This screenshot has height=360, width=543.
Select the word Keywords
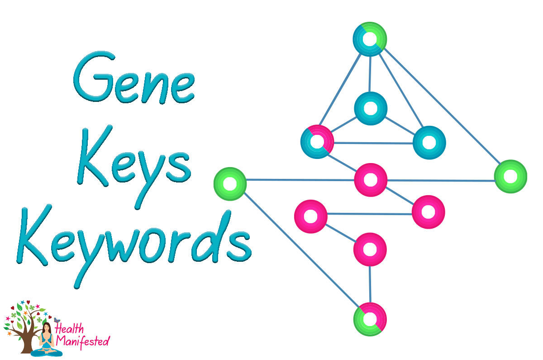[134, 242]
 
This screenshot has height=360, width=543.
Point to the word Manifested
[83, 341]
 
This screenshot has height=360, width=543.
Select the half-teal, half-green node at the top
[370, 39]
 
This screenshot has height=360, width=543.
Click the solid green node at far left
[230, 184]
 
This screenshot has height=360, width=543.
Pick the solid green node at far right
[510, 176]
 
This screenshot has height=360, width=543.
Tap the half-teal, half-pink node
[317, 142]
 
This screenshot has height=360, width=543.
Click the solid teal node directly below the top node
[371, 108]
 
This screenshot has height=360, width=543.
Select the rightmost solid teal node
[429, 143]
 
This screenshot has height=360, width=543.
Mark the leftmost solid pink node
[310, 216]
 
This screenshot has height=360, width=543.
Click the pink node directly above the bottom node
[370, 249]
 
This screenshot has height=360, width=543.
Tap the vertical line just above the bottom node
[370, 284]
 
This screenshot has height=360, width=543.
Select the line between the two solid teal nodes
[400, 125]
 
